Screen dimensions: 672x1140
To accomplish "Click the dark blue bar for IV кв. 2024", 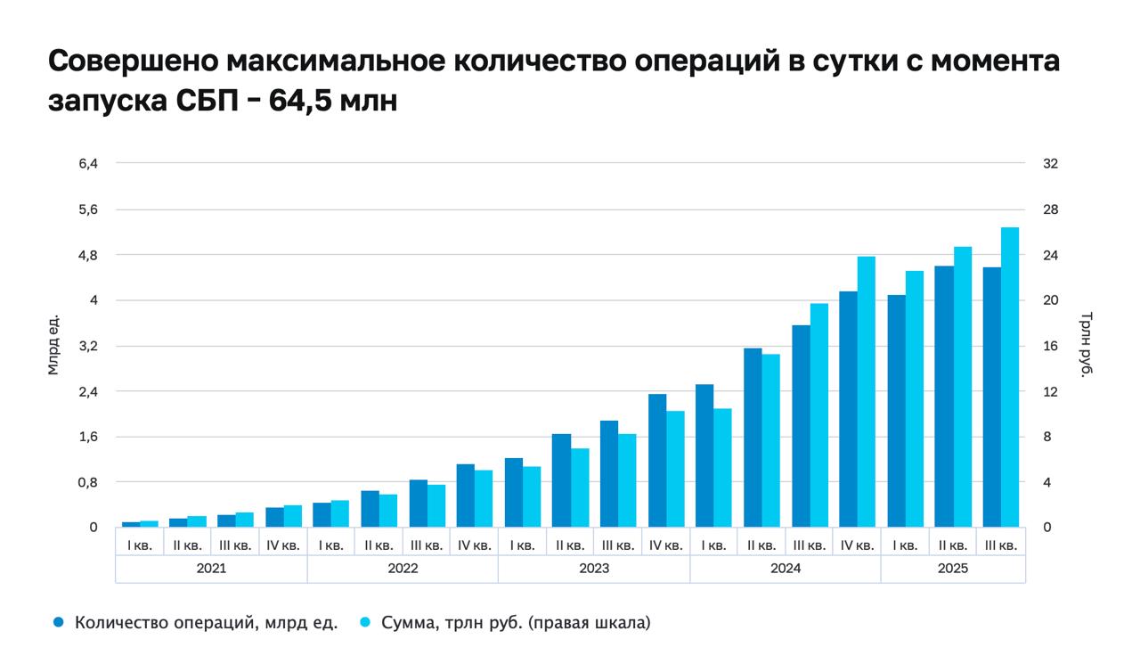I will [x=848, y=409].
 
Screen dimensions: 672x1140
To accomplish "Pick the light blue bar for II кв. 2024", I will [x=770, y=440].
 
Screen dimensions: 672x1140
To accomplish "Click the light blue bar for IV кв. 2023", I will [x=675, y=469].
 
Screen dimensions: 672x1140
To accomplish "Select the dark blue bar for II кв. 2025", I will [x=944, y=397].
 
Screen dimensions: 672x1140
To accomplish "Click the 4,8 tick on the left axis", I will [x=88, y=255].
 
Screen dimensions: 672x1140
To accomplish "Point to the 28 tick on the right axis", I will [x=1050, y=209].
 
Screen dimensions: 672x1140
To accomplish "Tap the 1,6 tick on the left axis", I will [x=88, y=437].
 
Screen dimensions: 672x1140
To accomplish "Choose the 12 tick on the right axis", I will [x=1050, y=391].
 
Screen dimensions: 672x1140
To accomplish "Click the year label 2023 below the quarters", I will [x=593, y=569].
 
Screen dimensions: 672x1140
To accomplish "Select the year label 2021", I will [x=211, y=569].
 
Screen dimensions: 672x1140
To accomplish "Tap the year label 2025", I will [x=952, y=569].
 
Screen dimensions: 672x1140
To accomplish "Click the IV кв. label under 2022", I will [x=473, y=545].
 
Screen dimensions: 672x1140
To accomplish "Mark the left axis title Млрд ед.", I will [x=53, y=344].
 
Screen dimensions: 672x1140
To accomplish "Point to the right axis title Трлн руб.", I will [x=1085, y=344].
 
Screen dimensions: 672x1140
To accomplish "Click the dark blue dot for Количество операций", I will [x=59, y=623].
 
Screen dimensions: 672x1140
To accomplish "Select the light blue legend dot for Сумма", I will [x=365, y=623].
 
